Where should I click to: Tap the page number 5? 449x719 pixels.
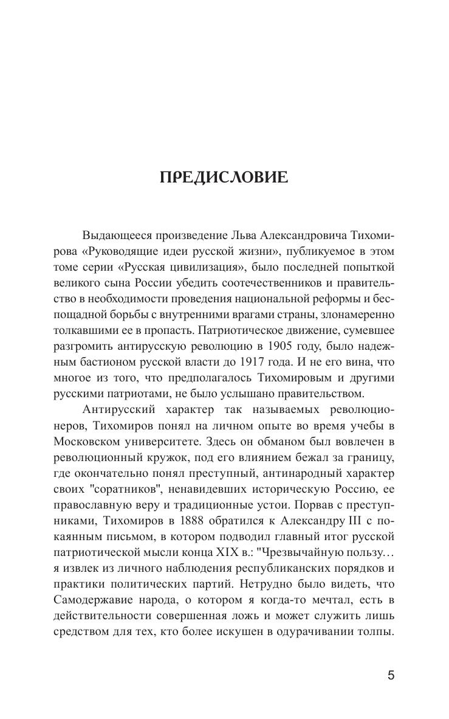(391, 675)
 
